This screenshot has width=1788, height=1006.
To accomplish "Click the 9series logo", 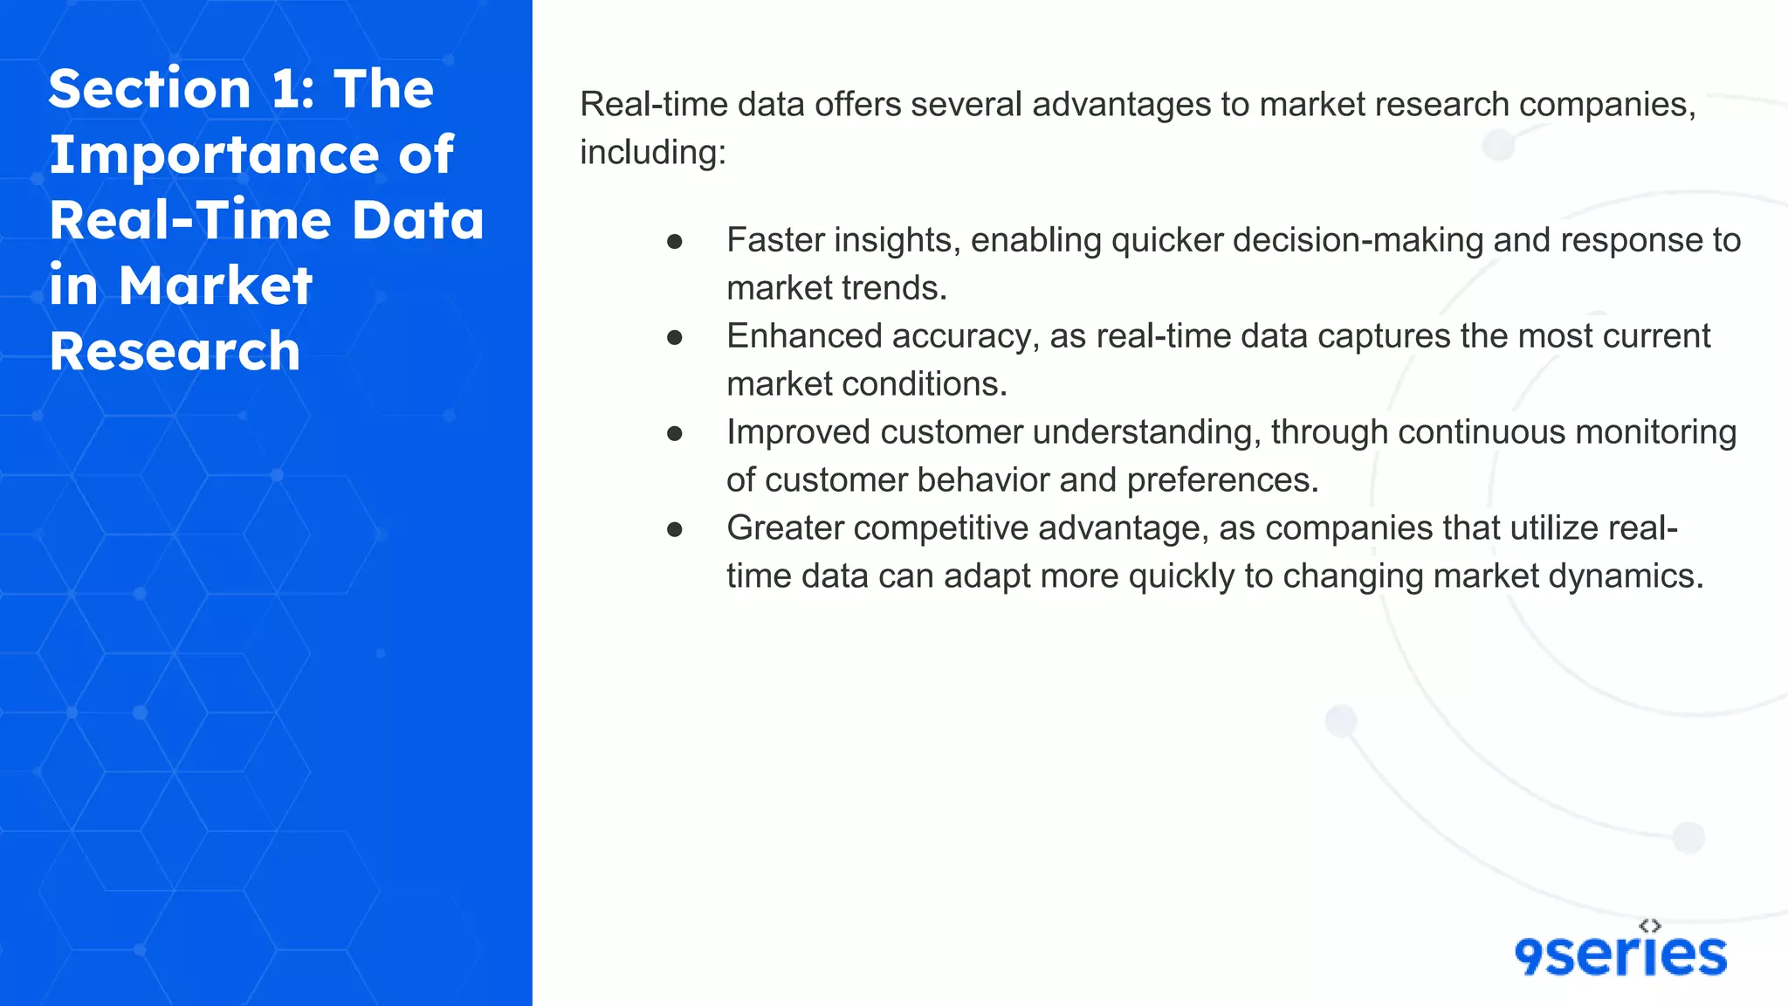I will tap(1620, 954).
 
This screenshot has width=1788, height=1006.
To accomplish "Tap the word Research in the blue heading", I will tap(175, 352).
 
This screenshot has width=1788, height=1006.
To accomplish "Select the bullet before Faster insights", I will tap(674, 241).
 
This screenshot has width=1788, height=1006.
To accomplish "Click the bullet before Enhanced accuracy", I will tap(674, 337).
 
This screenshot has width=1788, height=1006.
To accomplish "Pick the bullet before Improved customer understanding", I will tap(674, 433).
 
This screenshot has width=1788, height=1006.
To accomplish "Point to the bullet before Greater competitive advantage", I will tap(674, 529).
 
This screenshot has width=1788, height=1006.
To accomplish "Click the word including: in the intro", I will tap(653, 153).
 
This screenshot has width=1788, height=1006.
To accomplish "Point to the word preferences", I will tap(1222, 480).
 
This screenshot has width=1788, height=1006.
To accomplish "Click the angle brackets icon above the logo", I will tap(1650, 926).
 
